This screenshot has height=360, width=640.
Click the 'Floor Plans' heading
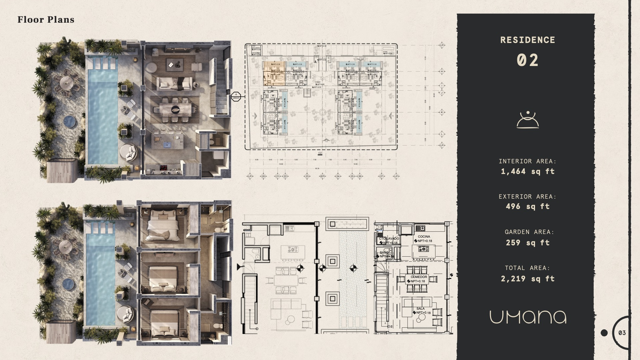tap(46, 20)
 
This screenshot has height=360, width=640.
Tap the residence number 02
tap(528, 60)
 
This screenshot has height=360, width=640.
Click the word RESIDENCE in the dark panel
tap(528, 40)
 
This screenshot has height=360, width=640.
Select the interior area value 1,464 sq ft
tap(528, 171)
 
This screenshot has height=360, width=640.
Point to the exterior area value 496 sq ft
tap(528, 206)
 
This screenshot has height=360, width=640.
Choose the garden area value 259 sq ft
tap(528, 243)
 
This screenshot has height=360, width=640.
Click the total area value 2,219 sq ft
tap(528, 279)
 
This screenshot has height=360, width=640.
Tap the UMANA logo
tap(528, 317)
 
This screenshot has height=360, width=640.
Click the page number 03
tap(622, 333)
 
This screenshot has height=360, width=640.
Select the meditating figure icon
tap(528, 120)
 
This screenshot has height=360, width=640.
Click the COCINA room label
tap(424, 237)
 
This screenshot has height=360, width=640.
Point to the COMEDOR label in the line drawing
tap(419, 277)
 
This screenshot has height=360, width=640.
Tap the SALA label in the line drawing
tap(420, 309)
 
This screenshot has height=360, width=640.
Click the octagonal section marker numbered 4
tap(236, 96)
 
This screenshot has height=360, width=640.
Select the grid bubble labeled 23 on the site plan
tap(307, 176)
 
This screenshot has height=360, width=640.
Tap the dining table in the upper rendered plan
tap(175, 109)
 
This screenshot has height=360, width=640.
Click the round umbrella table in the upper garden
tap(67, 81)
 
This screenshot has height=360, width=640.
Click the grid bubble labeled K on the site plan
tap(442, 112)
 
